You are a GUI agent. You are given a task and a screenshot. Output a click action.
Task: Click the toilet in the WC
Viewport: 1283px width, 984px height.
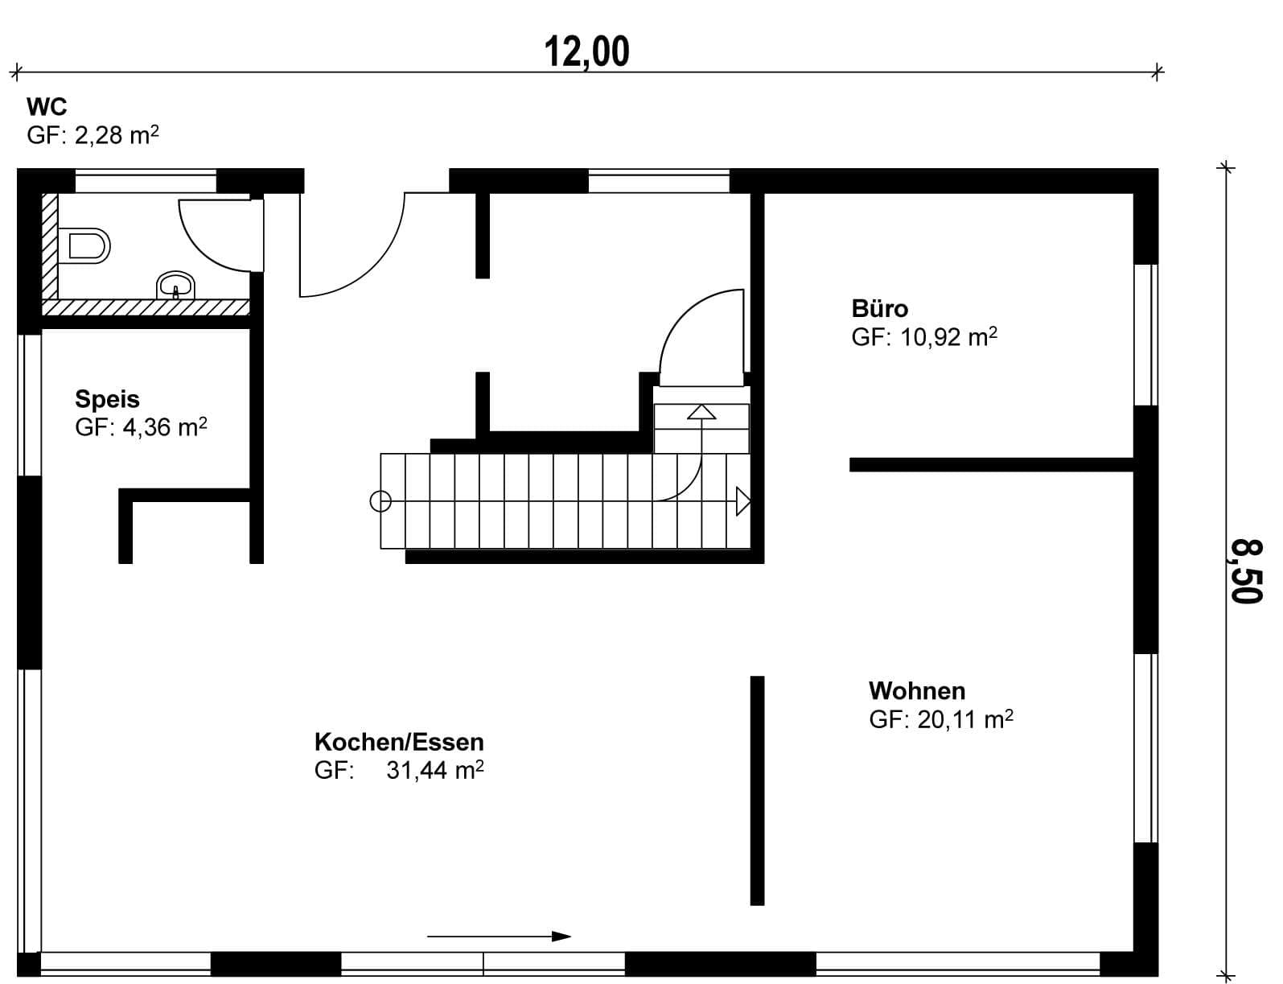(x=84, y=245)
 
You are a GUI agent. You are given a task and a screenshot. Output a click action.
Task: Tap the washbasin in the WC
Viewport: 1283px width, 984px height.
(x=175, y=286)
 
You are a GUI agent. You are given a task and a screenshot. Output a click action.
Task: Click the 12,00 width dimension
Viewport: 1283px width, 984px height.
(x=586, y=52)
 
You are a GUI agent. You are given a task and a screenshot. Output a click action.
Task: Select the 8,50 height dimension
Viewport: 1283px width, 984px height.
(x=1246, y=570)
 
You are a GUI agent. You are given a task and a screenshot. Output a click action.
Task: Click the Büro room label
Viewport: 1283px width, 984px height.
(x=880, y=309)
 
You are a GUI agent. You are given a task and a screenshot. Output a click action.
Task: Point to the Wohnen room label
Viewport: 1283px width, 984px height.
(x=917, y=690)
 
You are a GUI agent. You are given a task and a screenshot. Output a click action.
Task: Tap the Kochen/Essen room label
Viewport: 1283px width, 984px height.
(x=399, y=742)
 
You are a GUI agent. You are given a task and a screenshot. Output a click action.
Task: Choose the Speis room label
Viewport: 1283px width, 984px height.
(x=108, y=399)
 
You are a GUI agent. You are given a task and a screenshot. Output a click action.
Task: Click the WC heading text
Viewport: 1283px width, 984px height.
(x=47, y=107)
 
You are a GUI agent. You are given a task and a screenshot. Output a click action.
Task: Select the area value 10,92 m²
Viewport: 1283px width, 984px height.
(x=949, y=337)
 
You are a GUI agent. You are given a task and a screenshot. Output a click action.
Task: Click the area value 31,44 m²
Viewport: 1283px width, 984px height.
(x=435, y=770)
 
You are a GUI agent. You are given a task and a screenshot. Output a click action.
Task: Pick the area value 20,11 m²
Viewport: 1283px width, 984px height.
(x=965, y=719)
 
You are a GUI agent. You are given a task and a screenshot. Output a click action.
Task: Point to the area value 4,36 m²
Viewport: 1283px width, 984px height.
(x=165, y=426)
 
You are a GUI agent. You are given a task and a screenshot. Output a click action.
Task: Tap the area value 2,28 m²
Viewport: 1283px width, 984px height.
(x=117, y=135)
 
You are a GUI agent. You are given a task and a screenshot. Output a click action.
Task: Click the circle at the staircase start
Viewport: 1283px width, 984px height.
(x=380, y=502)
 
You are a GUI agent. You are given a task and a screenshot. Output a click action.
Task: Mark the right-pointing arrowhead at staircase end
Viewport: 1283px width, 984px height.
(x=743, y=502)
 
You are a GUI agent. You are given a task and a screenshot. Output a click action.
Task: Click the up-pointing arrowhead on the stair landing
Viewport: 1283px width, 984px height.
(x=701, y=412)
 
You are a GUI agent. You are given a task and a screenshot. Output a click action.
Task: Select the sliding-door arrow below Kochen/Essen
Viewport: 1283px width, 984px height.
(x=499, y=937)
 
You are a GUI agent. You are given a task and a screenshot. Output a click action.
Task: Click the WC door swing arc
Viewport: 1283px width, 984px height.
(x=201, y=248)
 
